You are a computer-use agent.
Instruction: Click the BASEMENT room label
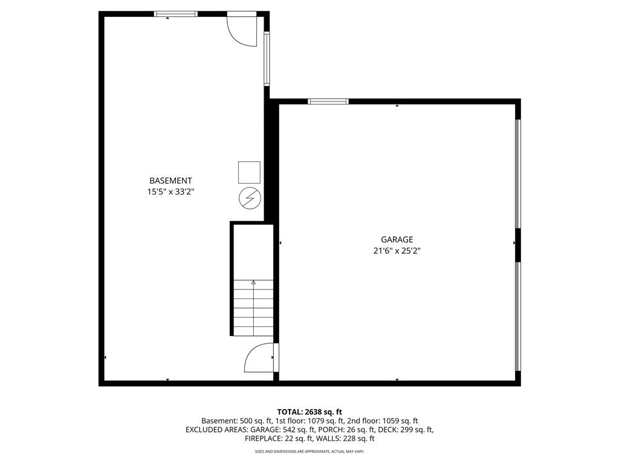(x=170, y=181)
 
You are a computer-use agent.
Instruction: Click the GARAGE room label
(x=397, y=240)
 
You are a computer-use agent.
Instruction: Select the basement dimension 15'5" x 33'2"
(x=170, y=192)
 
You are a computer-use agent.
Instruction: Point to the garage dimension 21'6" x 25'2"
(x=397, y=251)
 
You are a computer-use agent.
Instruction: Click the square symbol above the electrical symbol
(x=249, y=172)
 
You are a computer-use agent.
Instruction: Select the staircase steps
(x=253, y=308)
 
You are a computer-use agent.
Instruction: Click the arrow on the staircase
(x=253, y=283)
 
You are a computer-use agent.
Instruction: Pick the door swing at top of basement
(x=241, y=30)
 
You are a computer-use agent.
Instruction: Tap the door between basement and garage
(x=260, y=358)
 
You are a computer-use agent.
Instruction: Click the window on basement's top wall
(x=176, y=14)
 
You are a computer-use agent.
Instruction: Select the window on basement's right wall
(x=267, y=59)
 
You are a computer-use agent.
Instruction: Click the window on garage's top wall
(x=328, y=101)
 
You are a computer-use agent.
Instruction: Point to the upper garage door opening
(x=517, y=173)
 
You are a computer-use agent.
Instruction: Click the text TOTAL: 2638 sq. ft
(x=309, y=411)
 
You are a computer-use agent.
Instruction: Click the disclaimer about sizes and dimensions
(x=309, y=451)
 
